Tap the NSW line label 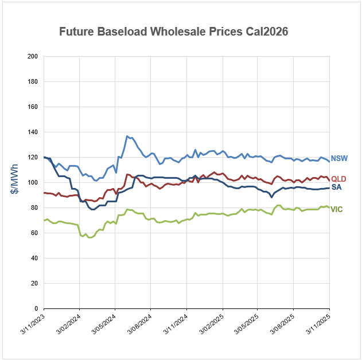tap(341, 158)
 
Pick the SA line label tap(337, 188)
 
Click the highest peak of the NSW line tap(127, 136)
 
